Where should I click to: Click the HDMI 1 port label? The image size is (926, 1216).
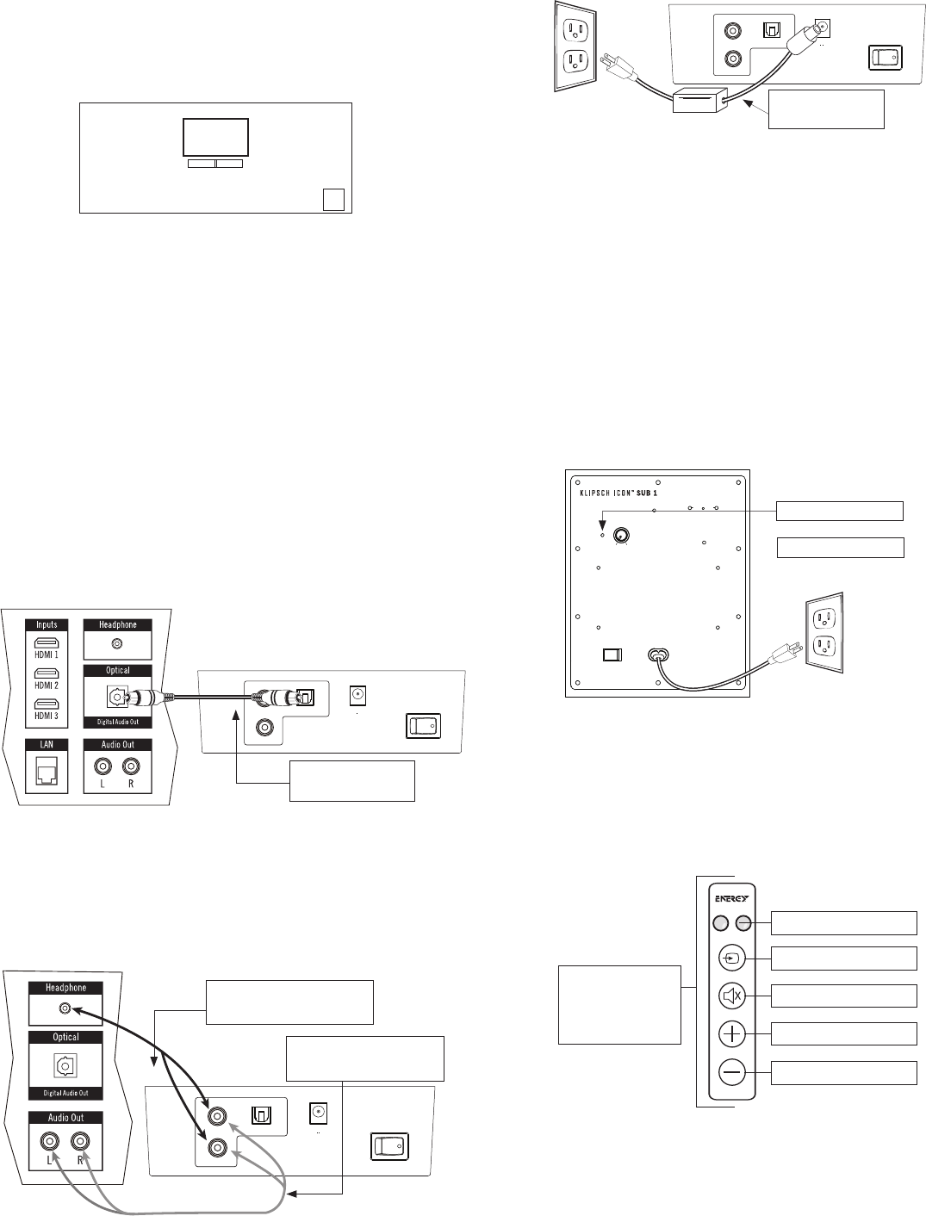point(45,655)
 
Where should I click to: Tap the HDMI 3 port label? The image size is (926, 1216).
point(45,714)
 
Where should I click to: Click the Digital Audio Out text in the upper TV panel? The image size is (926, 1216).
point(118,722)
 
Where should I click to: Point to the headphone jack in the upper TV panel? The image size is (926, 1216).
point(117,642)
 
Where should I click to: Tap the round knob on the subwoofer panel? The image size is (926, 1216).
point(620,536)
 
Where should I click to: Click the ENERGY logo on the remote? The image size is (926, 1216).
point(730,898)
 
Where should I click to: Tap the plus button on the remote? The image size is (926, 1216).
point(731,1033)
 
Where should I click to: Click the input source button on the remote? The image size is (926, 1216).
point(731,957)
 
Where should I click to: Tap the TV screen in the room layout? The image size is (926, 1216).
point(215,138)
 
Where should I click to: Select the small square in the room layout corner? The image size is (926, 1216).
point(332,199)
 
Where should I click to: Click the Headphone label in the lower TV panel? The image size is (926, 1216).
point(65,988)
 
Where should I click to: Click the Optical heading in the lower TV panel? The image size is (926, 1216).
point(65,1037)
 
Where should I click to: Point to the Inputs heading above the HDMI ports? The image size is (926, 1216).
point(47,624)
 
